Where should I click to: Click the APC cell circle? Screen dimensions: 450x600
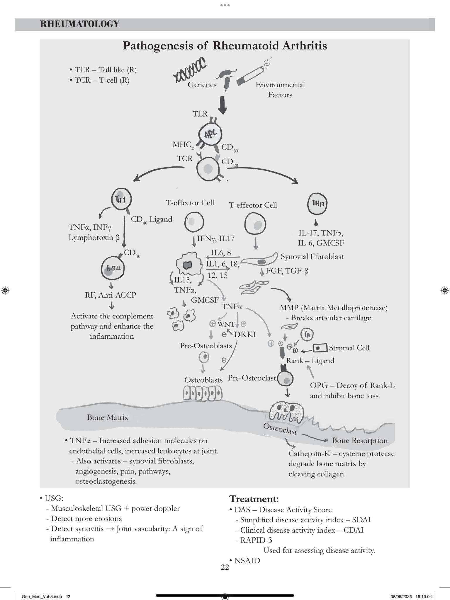click(210, 134)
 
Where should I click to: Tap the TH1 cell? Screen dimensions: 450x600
click(121, 199)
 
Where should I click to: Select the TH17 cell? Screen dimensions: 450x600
click(317, 204)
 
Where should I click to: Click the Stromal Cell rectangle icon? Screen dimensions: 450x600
click(320, 348)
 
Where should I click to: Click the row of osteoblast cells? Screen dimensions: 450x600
click(203, 393)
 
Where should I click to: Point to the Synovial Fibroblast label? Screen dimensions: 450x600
click(312, 257)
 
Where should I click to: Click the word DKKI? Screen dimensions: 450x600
click(245, 334)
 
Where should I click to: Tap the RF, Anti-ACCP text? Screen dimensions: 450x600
click(111, 295)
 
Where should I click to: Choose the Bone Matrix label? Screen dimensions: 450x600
click(108, 417)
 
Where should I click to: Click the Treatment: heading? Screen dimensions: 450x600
click(254, 499)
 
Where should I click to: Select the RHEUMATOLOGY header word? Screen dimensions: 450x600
click(80, 24)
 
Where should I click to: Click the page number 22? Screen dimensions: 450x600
click(225, 567)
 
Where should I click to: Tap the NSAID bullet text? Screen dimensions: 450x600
click(247, 560)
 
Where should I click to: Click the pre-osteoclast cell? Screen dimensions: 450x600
click(285, 377)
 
